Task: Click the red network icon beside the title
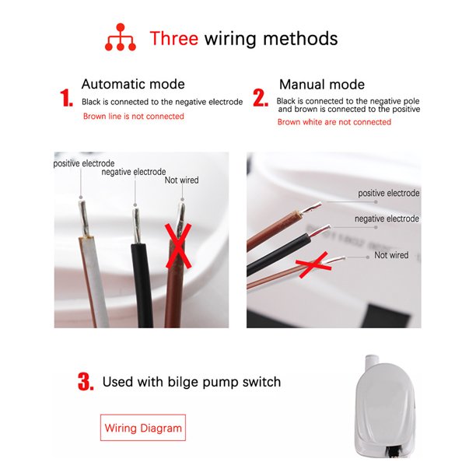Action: (x=121, y=37)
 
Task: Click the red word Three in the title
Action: (x=174, y=39)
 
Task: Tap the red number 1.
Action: (x=66, y=98)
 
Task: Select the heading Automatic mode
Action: (x=133, y=84)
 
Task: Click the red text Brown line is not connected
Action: (x=134, y=116)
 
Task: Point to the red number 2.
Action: (x=261, y=98)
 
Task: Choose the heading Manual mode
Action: (x=322, y=85)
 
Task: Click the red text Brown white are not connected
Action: (x=334, y=122)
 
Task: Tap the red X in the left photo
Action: (x=179, y=247)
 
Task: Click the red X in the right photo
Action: (x=314, y=265)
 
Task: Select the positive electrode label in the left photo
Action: (x=84, y=163)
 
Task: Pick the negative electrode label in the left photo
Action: (x=134, y=172)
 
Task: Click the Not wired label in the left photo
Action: (x=181, y=180)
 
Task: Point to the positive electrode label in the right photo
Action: (x=389, y=193)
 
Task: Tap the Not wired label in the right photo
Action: (x=391, y=255)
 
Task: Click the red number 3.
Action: (x=86, y=382)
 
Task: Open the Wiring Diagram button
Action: (x=143, y=428)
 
